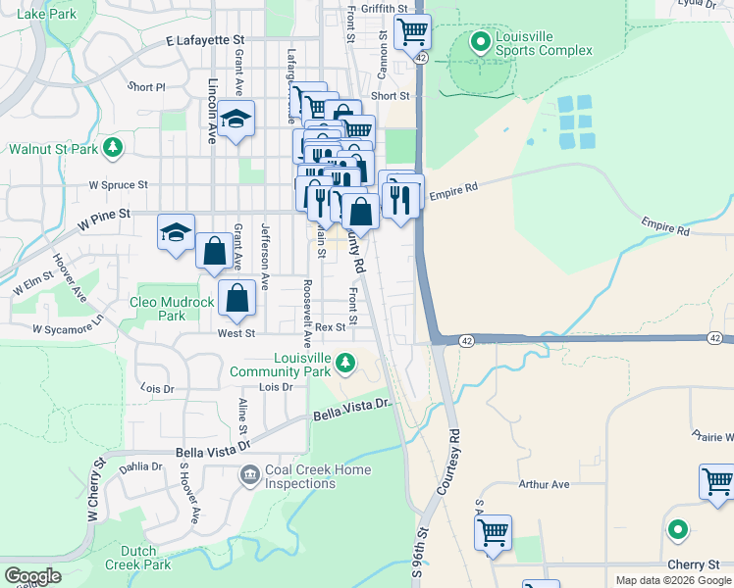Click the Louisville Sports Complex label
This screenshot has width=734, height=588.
[544, 43]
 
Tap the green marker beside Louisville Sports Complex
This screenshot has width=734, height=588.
[480, 42]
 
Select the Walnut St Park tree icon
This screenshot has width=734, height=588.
[114, 148]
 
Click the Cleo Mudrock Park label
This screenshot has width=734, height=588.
[172, 309]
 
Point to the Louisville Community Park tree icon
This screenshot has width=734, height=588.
[344, 364]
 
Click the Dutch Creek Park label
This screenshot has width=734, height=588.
[145, 558]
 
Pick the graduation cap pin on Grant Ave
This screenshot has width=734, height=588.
[235, 119]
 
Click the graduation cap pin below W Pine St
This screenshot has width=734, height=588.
[176, 233]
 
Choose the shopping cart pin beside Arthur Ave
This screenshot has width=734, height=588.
[716, 482]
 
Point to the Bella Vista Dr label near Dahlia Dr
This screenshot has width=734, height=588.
[206, 453]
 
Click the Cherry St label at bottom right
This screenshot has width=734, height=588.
[696, 565]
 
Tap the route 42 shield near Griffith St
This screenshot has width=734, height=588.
[420, 58]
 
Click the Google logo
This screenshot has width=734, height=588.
[32, 576]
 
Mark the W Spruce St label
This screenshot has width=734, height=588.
[118, 184]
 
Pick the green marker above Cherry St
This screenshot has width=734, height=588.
[677, 530]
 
